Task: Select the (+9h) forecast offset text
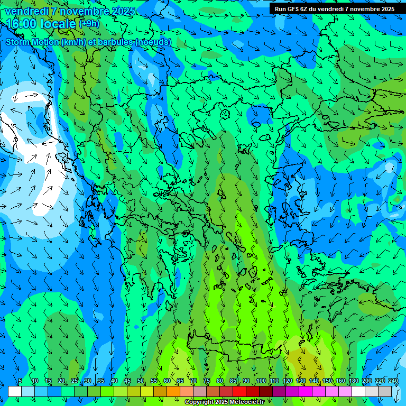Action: (88, 23)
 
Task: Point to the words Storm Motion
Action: (32, 42)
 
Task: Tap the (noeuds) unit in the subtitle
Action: (153, 42)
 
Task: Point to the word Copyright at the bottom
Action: (200, 402)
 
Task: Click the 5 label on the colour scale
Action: (20, 381)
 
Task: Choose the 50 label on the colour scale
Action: (140, 381)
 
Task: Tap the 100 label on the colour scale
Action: (261, 381)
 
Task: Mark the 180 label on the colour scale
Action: (353, 381)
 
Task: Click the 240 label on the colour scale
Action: (393, 381)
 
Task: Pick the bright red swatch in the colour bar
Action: (239, 391)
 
